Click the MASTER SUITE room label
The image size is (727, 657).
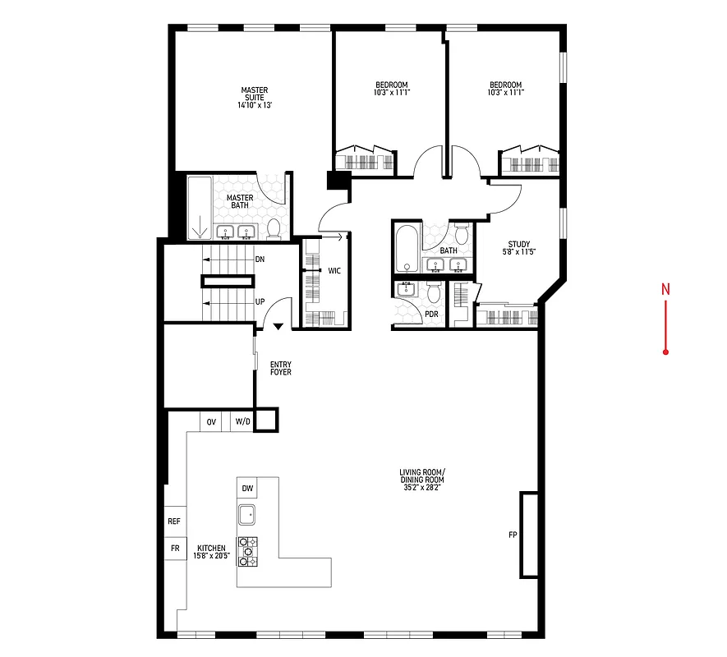coord(254,98)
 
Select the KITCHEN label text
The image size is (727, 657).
coord(211,552)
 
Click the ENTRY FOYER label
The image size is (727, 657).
coord(280,369)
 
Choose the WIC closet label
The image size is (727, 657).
coord(334,269)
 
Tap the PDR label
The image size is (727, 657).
coord(431,315)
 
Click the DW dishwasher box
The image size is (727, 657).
coord(247,489)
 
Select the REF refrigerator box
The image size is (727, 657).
coord(174,521)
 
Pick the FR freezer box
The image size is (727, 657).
coord(174,548)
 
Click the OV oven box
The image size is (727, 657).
coord(211,422)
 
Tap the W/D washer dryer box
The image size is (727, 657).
coord(242,422)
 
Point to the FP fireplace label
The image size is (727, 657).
coord(513,535)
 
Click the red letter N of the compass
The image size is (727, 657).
coord(666,289)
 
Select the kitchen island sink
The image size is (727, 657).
coord(247,515)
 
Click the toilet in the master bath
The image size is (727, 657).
coord(274,228)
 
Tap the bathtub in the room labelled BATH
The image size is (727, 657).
coord(406,250)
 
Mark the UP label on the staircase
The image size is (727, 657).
coord(260,301)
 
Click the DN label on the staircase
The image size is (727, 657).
coord(260,260)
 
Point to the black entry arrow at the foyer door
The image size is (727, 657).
coord(278,326)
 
